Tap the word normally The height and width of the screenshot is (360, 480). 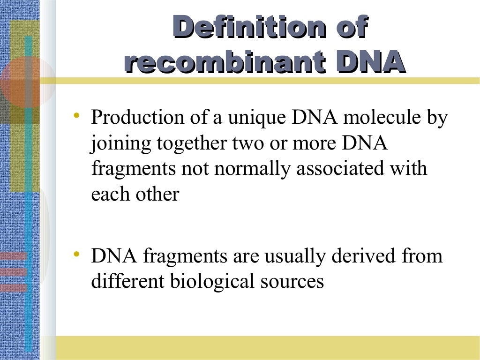253,169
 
